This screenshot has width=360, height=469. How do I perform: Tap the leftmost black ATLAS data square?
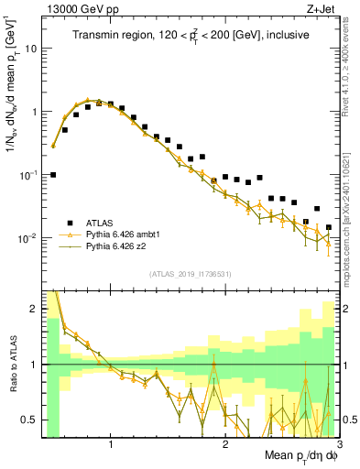(53, 174)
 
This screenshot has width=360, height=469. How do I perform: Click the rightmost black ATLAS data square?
(329, 227)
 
